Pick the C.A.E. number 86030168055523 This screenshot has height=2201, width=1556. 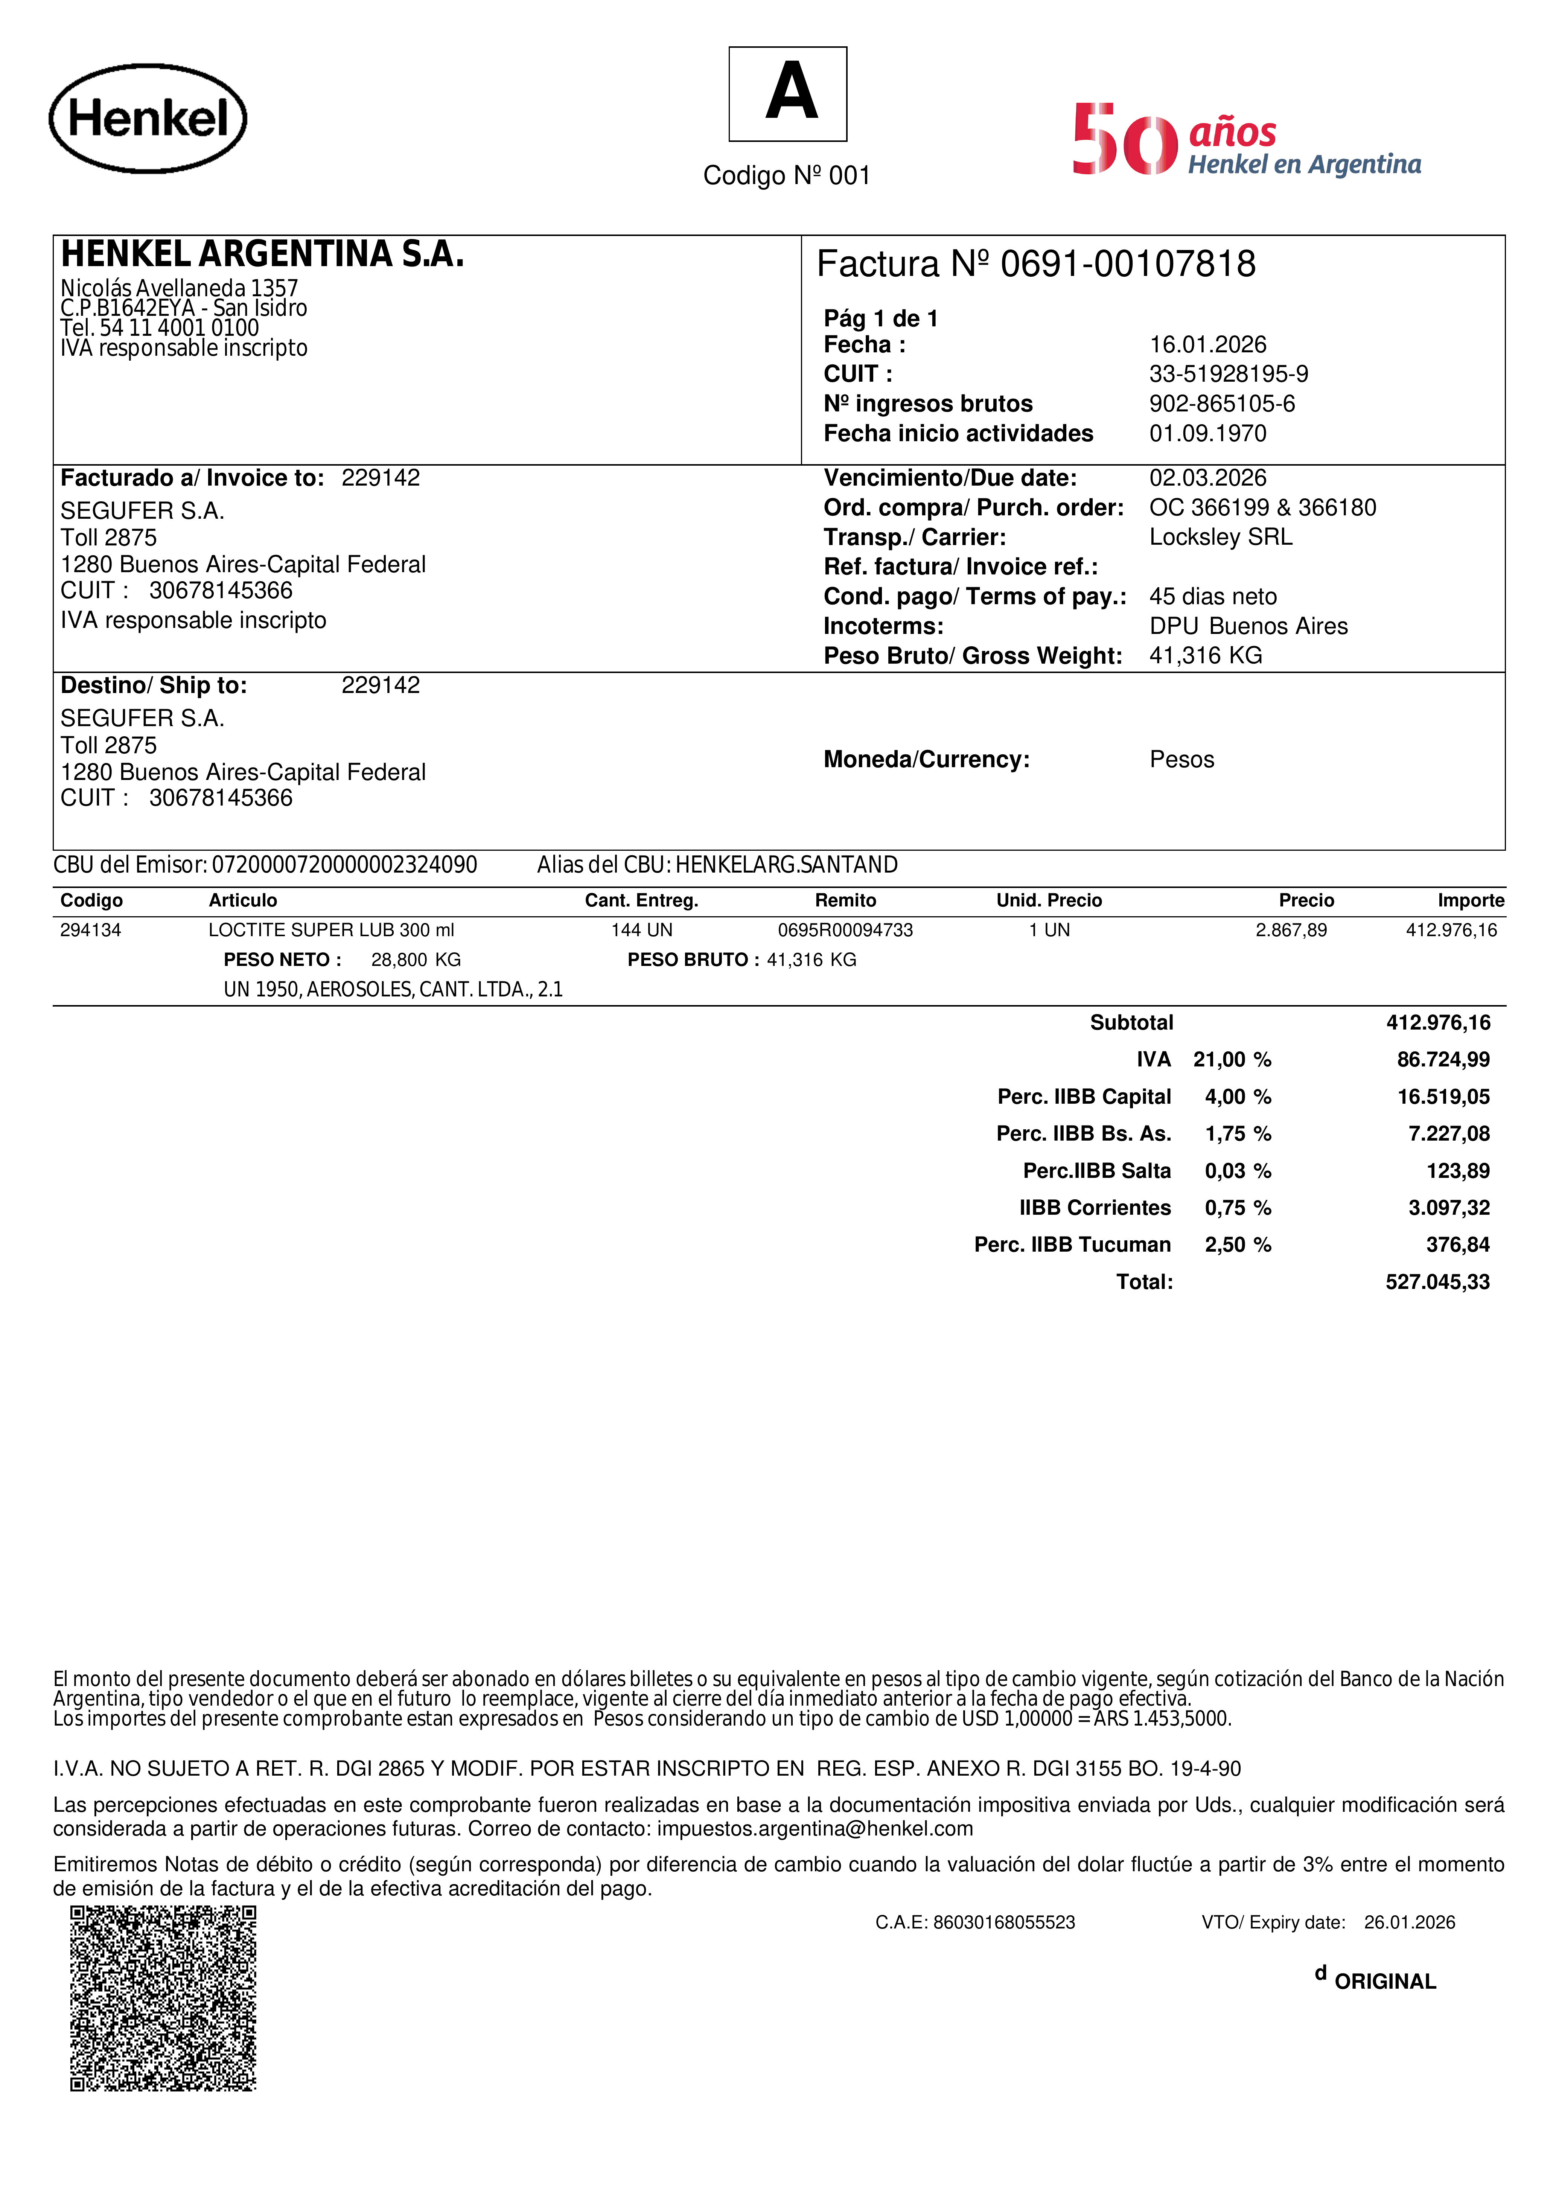1004,1922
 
